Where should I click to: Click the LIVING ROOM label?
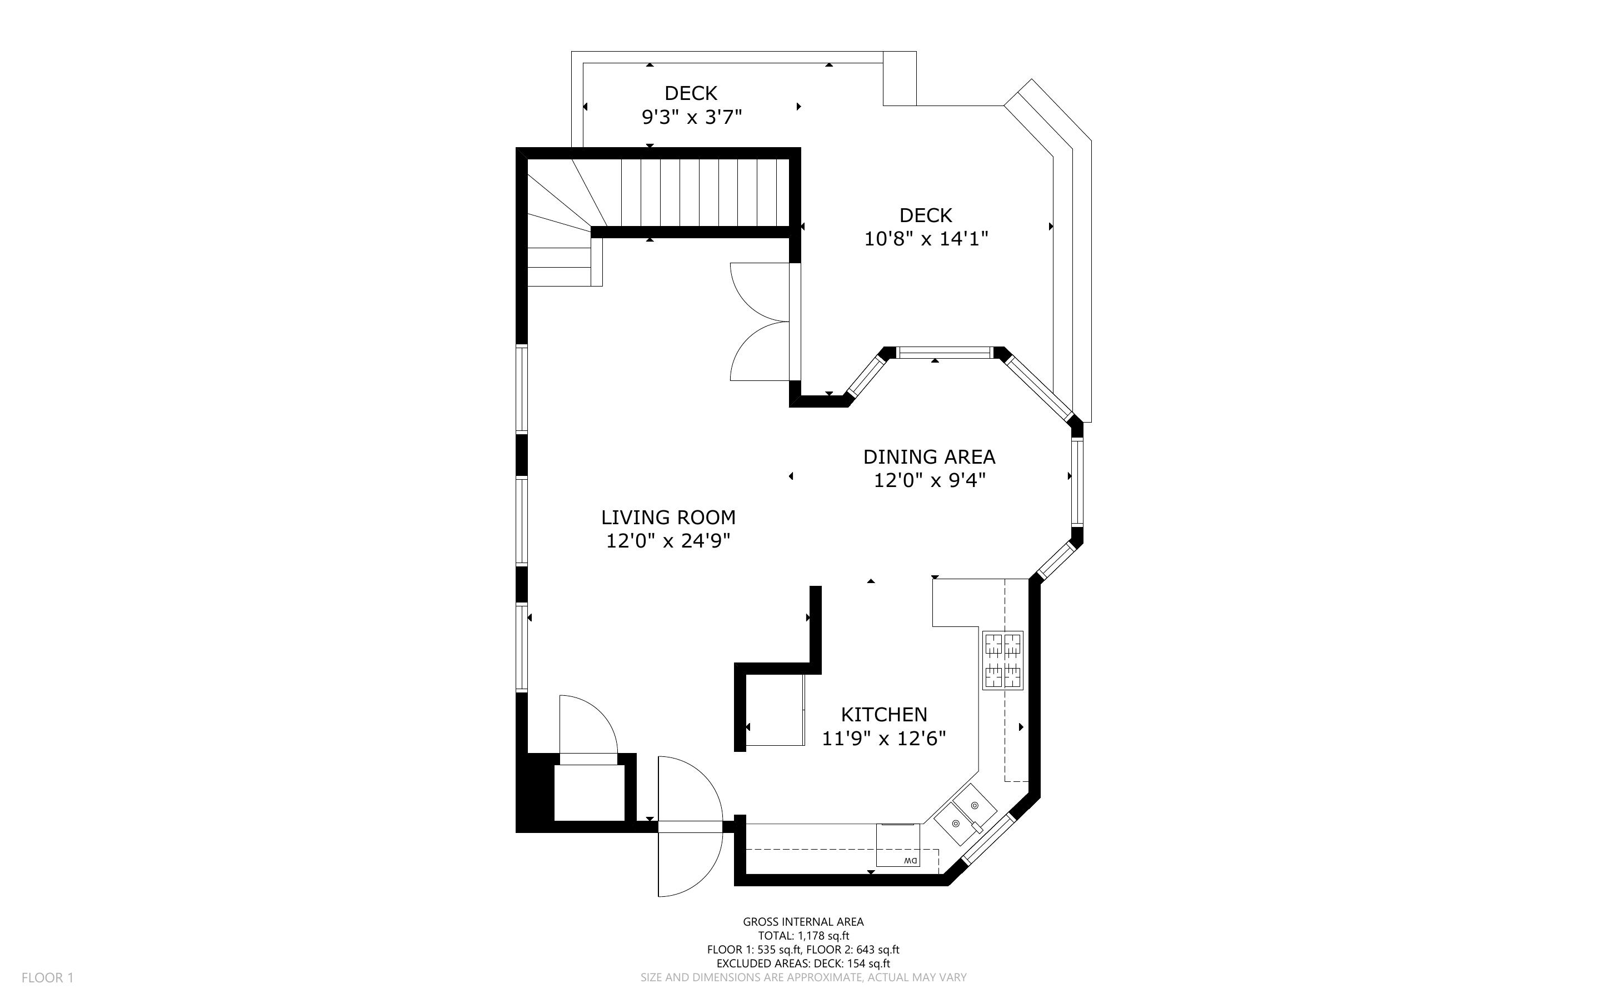[x=668, y=518]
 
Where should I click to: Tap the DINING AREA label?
[x=928, y=457]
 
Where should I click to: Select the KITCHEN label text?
[x=884, y=715]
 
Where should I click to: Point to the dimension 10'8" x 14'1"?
[x=926, y=238]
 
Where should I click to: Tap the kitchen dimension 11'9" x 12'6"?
[x=884, y=739]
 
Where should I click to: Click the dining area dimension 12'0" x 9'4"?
[x=928, y=480]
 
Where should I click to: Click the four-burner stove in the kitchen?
[x=1003, y=661]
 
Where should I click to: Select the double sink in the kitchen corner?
[x=966, y=815]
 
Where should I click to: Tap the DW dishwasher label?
[x=910, y=861]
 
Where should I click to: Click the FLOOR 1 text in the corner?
[x=48, y=977]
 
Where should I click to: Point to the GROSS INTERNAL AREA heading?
[x=803, y=922]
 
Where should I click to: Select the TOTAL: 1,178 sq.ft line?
[x=803, y=936]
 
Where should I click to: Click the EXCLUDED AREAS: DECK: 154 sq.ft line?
[x=803, y=963]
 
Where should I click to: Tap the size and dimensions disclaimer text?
[x=803, y=977]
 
